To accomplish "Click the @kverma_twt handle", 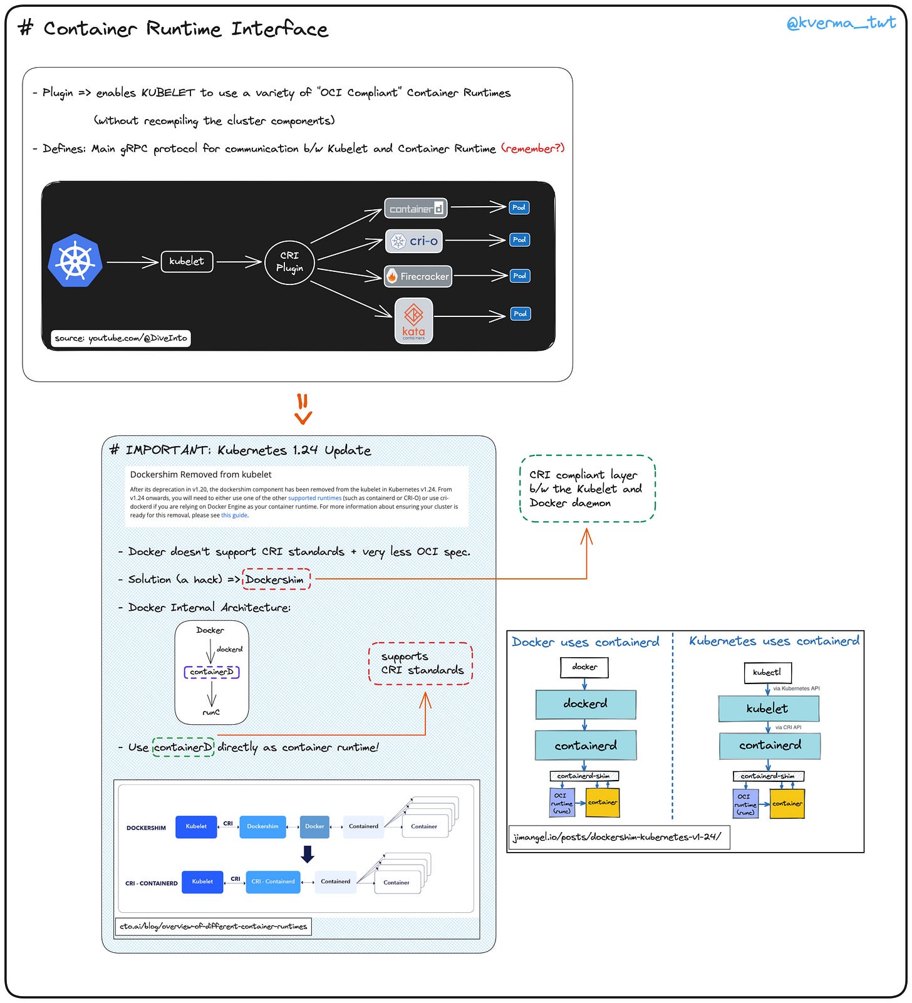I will point(841,24).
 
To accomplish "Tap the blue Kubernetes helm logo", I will point(75,261).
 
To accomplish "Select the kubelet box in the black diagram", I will point(187,261).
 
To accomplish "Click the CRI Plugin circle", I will point(289,262).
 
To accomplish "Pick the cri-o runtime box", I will point(414,241).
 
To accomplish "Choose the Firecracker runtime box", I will point(418,276).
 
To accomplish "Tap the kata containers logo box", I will point(413,321).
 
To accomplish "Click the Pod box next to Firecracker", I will point(519,276).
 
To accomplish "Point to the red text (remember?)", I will point(533,148).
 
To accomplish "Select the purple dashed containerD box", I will point(212,672).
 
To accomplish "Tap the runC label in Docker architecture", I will point(211,712).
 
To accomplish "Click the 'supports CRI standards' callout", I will point(421,663).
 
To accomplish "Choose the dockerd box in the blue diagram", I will point(586,704).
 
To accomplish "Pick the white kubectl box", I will point(767,672).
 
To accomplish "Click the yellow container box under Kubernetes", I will point(787,804).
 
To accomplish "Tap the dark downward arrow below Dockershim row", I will point(308,854).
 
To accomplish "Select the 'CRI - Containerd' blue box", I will point(273,881).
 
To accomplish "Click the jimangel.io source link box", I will point(618,837).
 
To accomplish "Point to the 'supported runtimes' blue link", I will point(314,498).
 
